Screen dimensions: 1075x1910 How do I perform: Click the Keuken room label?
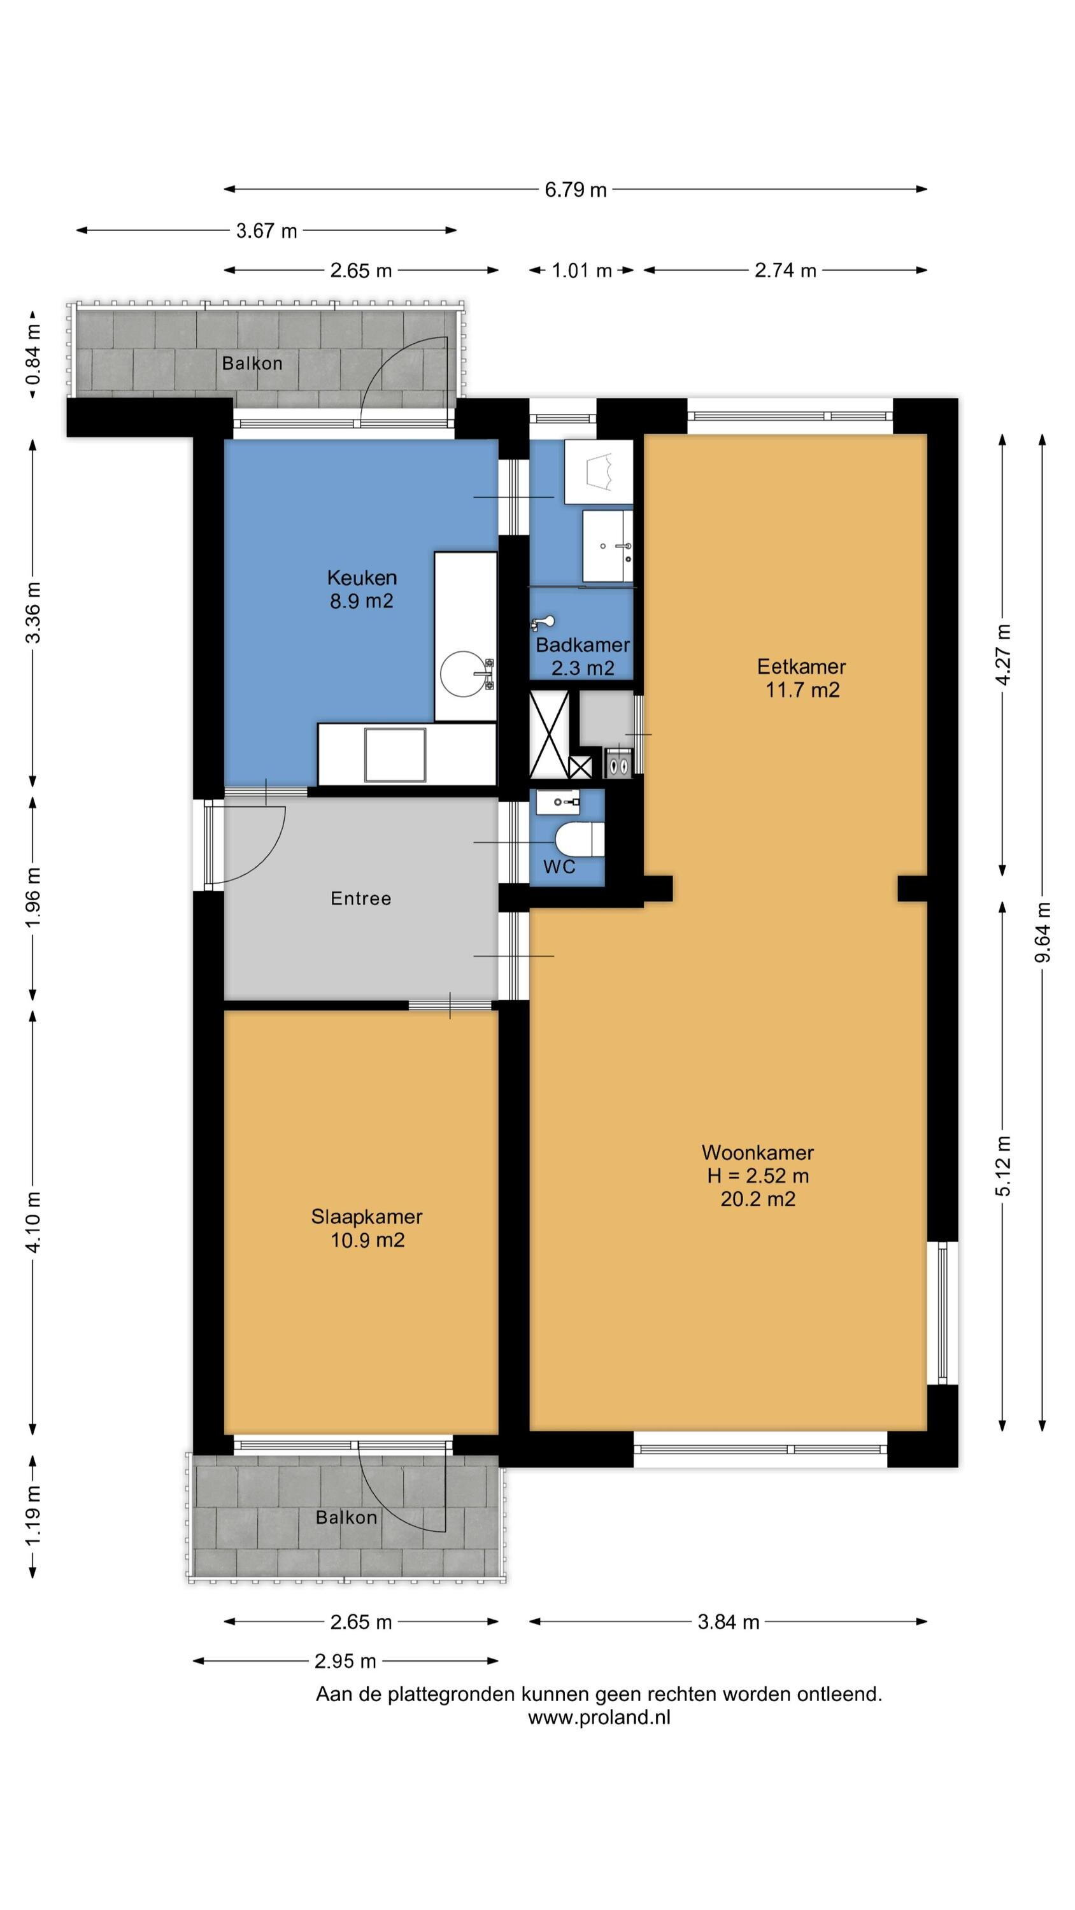(x=362, y=577)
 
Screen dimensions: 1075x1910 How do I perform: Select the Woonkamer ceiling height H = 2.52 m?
(x=757, y=1175)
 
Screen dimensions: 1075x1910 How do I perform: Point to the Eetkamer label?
(x=801, y=666)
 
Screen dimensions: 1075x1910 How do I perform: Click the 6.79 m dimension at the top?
(x=576, y=190)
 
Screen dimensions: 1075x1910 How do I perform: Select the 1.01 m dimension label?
(x=581, y=271)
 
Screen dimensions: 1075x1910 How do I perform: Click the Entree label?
(x=360, y=898)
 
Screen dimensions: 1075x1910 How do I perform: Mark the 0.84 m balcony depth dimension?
(x=33, y=355)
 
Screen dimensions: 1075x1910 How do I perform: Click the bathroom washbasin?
(x=608, y=546)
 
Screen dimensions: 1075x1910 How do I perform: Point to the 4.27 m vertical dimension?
(x=1002, y=654)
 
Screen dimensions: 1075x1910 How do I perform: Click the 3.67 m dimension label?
(x=266, y=230)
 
